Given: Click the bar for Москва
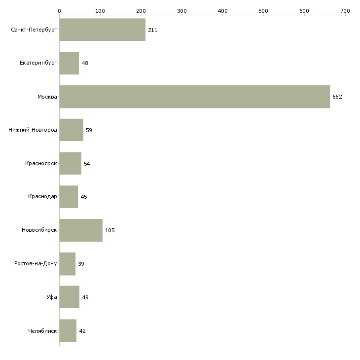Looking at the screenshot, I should pos(194,97).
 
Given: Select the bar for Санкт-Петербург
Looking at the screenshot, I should pos(102,30).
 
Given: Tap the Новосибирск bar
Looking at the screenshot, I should pos(81,230).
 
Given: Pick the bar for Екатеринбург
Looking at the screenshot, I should pos(69,64).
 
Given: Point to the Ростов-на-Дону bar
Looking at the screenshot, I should pos(68,264).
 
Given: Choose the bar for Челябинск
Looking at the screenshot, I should pos(68,331).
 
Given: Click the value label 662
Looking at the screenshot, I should pos(337,97).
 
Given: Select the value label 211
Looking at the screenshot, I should pos(152,30).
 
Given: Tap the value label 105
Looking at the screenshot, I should pos(109,230).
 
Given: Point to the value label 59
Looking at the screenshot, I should pos(89,130).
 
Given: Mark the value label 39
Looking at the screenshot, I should pos(81,264).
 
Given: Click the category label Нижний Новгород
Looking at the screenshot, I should pos(33,130).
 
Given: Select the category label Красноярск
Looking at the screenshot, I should pos(41,164).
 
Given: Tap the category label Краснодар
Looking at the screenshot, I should pos(43,197).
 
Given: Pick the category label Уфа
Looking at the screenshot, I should pos(52,297).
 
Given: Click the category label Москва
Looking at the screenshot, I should pos(47,97).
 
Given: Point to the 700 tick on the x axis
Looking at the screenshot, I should pos(345,10).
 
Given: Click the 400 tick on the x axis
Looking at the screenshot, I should pos(223,10).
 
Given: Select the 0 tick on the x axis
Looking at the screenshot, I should pos(60,10).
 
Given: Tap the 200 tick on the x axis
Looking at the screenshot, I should pos(141,10).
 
